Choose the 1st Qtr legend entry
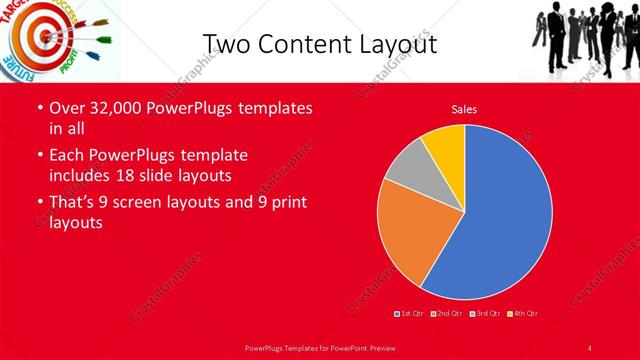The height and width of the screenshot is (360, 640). click(x=410, y=314)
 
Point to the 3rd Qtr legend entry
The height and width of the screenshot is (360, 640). click(x=486, y=314)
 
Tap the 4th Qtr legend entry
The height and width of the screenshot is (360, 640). click(x=524, y=314)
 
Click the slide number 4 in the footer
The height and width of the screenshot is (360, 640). click(x=590, y=347)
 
